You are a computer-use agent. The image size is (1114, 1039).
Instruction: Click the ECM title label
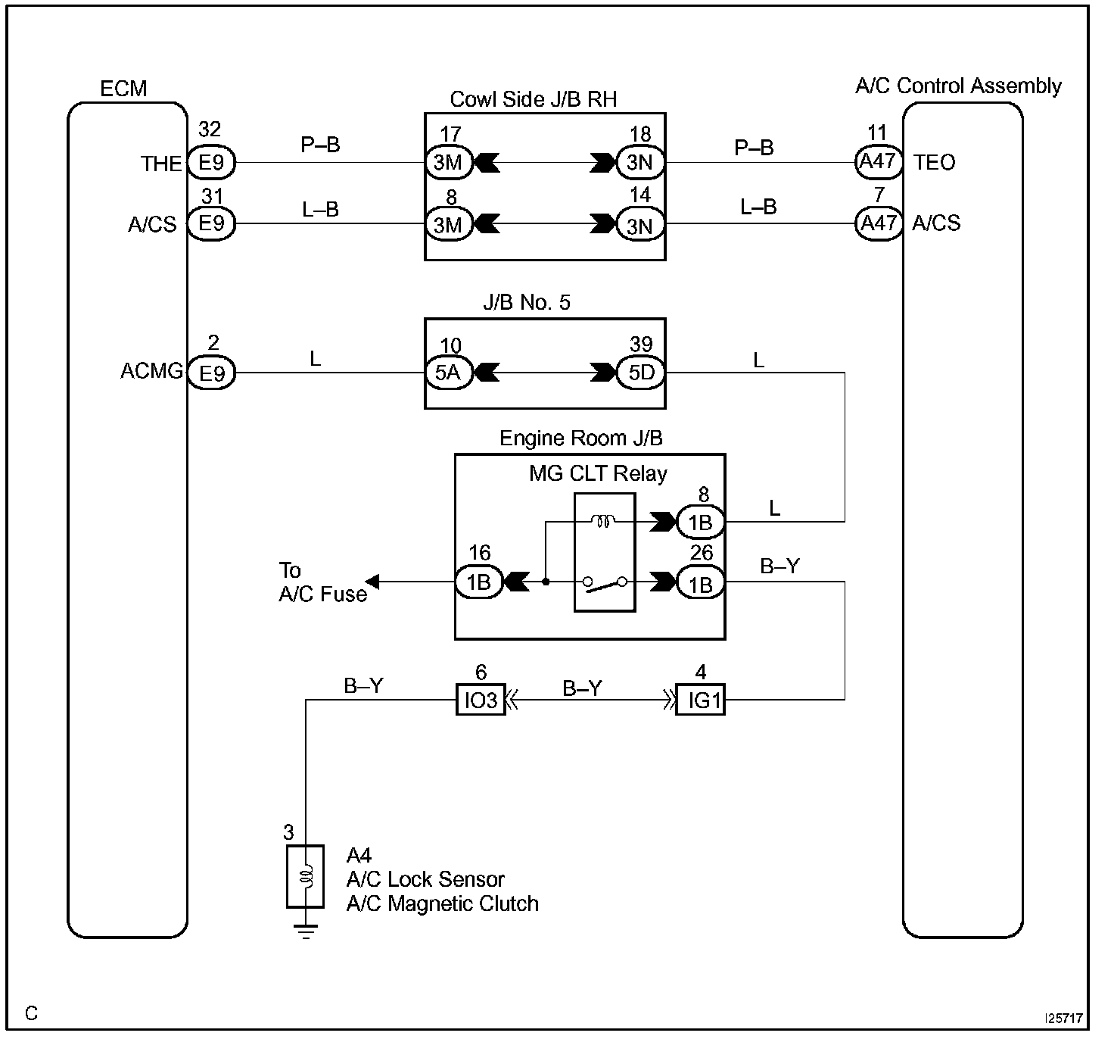(123, 89)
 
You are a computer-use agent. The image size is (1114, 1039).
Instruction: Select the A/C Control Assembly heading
(958, 86)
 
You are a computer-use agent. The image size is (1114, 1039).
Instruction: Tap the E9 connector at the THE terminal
(212, 162)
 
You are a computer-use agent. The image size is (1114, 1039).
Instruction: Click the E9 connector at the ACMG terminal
(212, 373)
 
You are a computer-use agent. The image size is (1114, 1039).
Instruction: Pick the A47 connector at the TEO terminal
(878, 161)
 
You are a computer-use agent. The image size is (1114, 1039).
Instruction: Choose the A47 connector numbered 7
(878, 223)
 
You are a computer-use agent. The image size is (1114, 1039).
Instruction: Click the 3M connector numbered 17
(449, 162)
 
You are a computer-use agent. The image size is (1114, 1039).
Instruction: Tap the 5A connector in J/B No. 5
(449, 373)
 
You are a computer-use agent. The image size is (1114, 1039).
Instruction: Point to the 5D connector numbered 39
(640, 373)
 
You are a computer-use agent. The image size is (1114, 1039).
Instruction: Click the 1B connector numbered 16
(478, 582)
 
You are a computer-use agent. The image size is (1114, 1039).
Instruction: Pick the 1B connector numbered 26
(700, 583)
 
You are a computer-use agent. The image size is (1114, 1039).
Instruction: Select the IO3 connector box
(480, 700)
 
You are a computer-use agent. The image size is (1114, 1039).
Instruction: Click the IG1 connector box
(701, 700)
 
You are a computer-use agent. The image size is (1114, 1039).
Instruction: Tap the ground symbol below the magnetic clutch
(306, 932)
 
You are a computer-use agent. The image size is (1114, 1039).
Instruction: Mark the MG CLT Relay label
(598, 474)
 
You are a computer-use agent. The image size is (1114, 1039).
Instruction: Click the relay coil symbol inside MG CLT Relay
(604, 521)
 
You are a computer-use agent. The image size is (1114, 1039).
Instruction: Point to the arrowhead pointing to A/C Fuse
(373, 582)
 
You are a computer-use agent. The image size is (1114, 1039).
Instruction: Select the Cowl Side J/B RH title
(534, 99)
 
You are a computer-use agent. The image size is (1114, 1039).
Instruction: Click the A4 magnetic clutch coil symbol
(306, 876)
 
